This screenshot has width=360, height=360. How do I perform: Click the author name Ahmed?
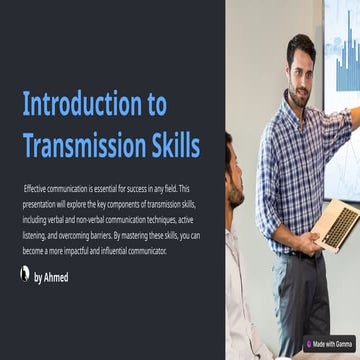(x=56, y=277)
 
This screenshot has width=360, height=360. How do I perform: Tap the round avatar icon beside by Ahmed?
(x=25, y=273)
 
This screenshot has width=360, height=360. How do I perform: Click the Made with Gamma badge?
(x=329, y=344)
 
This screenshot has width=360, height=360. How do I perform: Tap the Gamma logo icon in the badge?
(x=309, y=344)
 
